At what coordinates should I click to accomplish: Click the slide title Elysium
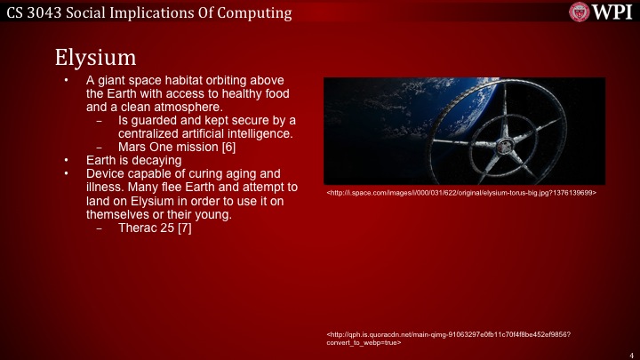point(95,56)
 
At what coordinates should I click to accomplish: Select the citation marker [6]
point(228,147)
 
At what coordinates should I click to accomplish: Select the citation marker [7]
point(184,228)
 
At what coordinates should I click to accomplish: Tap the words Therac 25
point(145,228)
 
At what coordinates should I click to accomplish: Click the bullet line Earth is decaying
point(133,160)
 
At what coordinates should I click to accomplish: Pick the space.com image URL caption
point(461,192)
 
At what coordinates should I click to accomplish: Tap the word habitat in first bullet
point(182,80)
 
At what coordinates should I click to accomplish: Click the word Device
point(106,173)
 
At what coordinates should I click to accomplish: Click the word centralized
point(150,133)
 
